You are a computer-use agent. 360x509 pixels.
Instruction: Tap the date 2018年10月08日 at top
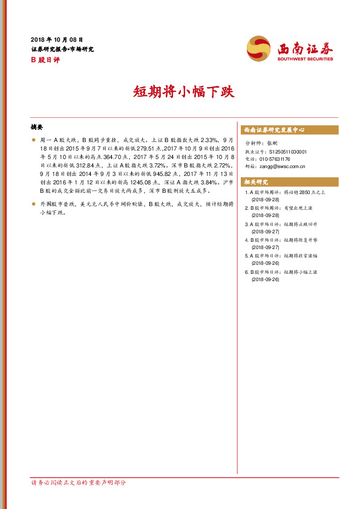point(56,39)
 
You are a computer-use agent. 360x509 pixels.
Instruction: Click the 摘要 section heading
point(37,128)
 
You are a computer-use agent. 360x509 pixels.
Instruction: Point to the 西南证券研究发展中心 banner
point(273,130)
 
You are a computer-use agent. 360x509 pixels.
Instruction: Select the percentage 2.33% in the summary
point(201,138)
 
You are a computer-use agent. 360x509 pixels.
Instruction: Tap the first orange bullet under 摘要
point(34,139)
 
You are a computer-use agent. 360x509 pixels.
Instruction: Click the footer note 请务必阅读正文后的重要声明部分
point(82,482)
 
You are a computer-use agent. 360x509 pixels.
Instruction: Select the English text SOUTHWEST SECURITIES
point(305,59)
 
